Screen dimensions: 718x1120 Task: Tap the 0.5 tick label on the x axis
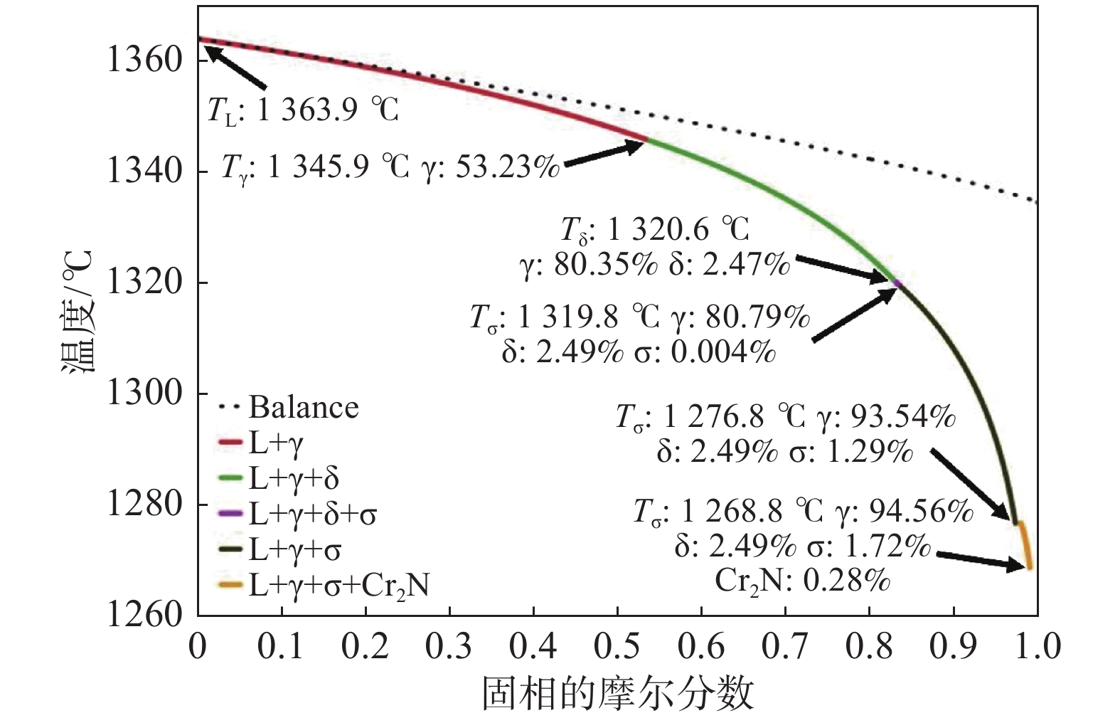pyautogui.click(x=617, y=646)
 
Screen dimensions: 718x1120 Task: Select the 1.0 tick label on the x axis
pyautogui.click(x=1037, y=646)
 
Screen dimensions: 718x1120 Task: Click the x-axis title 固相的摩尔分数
pyautogui.click(x=617, y=692)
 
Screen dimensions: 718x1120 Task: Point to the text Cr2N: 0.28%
pyautogui.click(x=802, y=581)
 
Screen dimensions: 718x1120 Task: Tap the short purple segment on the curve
pyautogui.click(x=897, y=283)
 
